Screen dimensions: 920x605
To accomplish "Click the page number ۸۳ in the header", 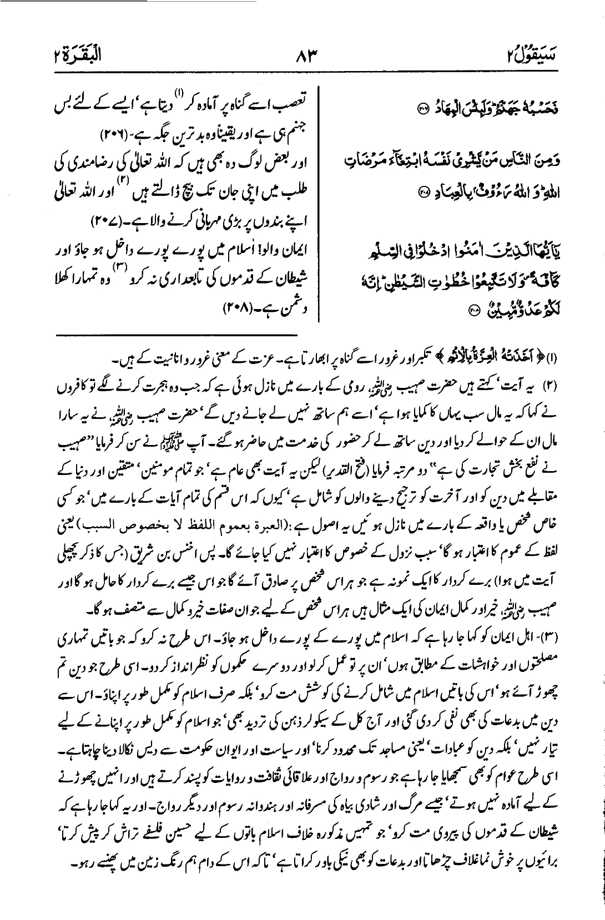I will (x=304, y=56).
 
